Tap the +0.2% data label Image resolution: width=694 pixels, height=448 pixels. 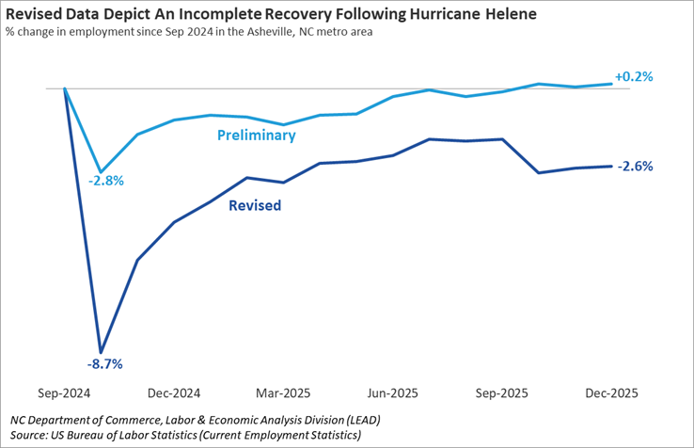(633, 76)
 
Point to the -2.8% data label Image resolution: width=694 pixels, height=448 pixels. (105, 180)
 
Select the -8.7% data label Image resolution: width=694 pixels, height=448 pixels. (105, 363)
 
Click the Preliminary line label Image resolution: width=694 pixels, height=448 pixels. (256, 136)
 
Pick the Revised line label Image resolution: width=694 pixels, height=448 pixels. (255, 204)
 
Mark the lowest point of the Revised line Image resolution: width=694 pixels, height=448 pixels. (101, 353)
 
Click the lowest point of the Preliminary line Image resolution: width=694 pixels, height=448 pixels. (101, 172)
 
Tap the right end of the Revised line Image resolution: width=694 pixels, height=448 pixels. (612, 167)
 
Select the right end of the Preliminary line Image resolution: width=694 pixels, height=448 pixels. (612, 84)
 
